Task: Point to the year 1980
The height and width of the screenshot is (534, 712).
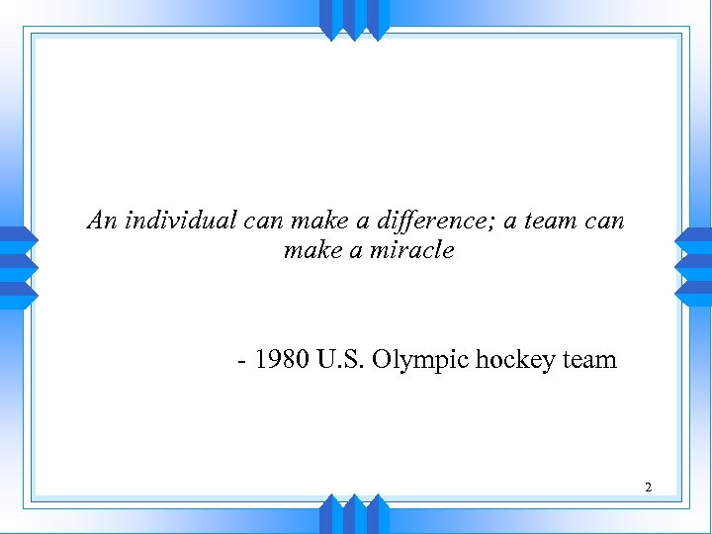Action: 282,359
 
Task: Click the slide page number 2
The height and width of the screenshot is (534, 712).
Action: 648,487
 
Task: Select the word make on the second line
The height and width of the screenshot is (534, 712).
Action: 311,250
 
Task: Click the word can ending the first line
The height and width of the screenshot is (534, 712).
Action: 605,221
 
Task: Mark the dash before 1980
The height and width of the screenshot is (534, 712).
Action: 243,360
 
